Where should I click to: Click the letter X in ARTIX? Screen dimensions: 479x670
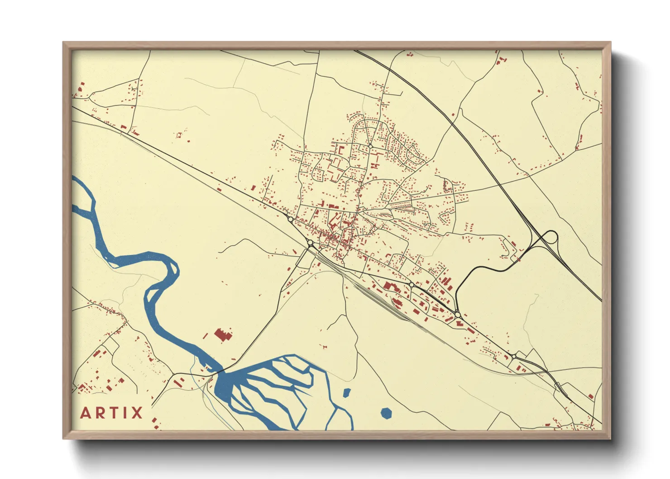(x=136, y=413)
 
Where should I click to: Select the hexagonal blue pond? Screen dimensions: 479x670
(x=386, y=412)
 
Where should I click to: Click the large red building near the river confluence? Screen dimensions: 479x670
(x=222, y=335)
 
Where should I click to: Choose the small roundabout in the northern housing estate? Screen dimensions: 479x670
(x=370, y=146)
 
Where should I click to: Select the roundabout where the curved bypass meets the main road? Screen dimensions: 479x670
(x=457, y=314)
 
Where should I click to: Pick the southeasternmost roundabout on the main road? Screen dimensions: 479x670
(x=513, y=357)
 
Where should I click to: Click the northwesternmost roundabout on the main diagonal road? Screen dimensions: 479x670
(x=290, y=219)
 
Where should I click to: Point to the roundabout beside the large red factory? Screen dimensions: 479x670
(x=412, y=284)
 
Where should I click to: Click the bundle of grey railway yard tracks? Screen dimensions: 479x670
(x=380, y=299)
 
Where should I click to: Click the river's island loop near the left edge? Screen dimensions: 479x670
(x=83, y=195)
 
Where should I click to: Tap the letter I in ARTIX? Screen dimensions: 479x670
(x=124, y=413)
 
